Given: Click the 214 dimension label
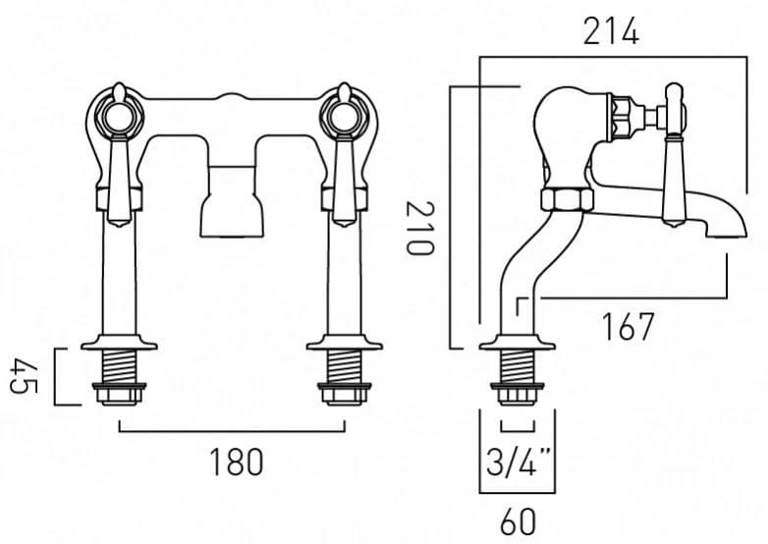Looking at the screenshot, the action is pyautogui.click(x=611, y=31).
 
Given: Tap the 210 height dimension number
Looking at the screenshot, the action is pyautogui.click(x=419, y=229).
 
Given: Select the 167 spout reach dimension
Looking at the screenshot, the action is pyautogui.click(x=628, y=327).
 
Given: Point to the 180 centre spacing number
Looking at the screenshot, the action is pyautogui.click(x=237, y=462).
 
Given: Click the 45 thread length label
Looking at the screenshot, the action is pyautogui.click(x=23, y=376).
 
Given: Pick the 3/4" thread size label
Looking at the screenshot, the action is pyautogui.click(x=520, y=462).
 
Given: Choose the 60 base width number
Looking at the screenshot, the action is pyautogui.click(x=519, y=522).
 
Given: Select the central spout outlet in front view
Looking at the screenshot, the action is pyautogui.click(x=232, y=213).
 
